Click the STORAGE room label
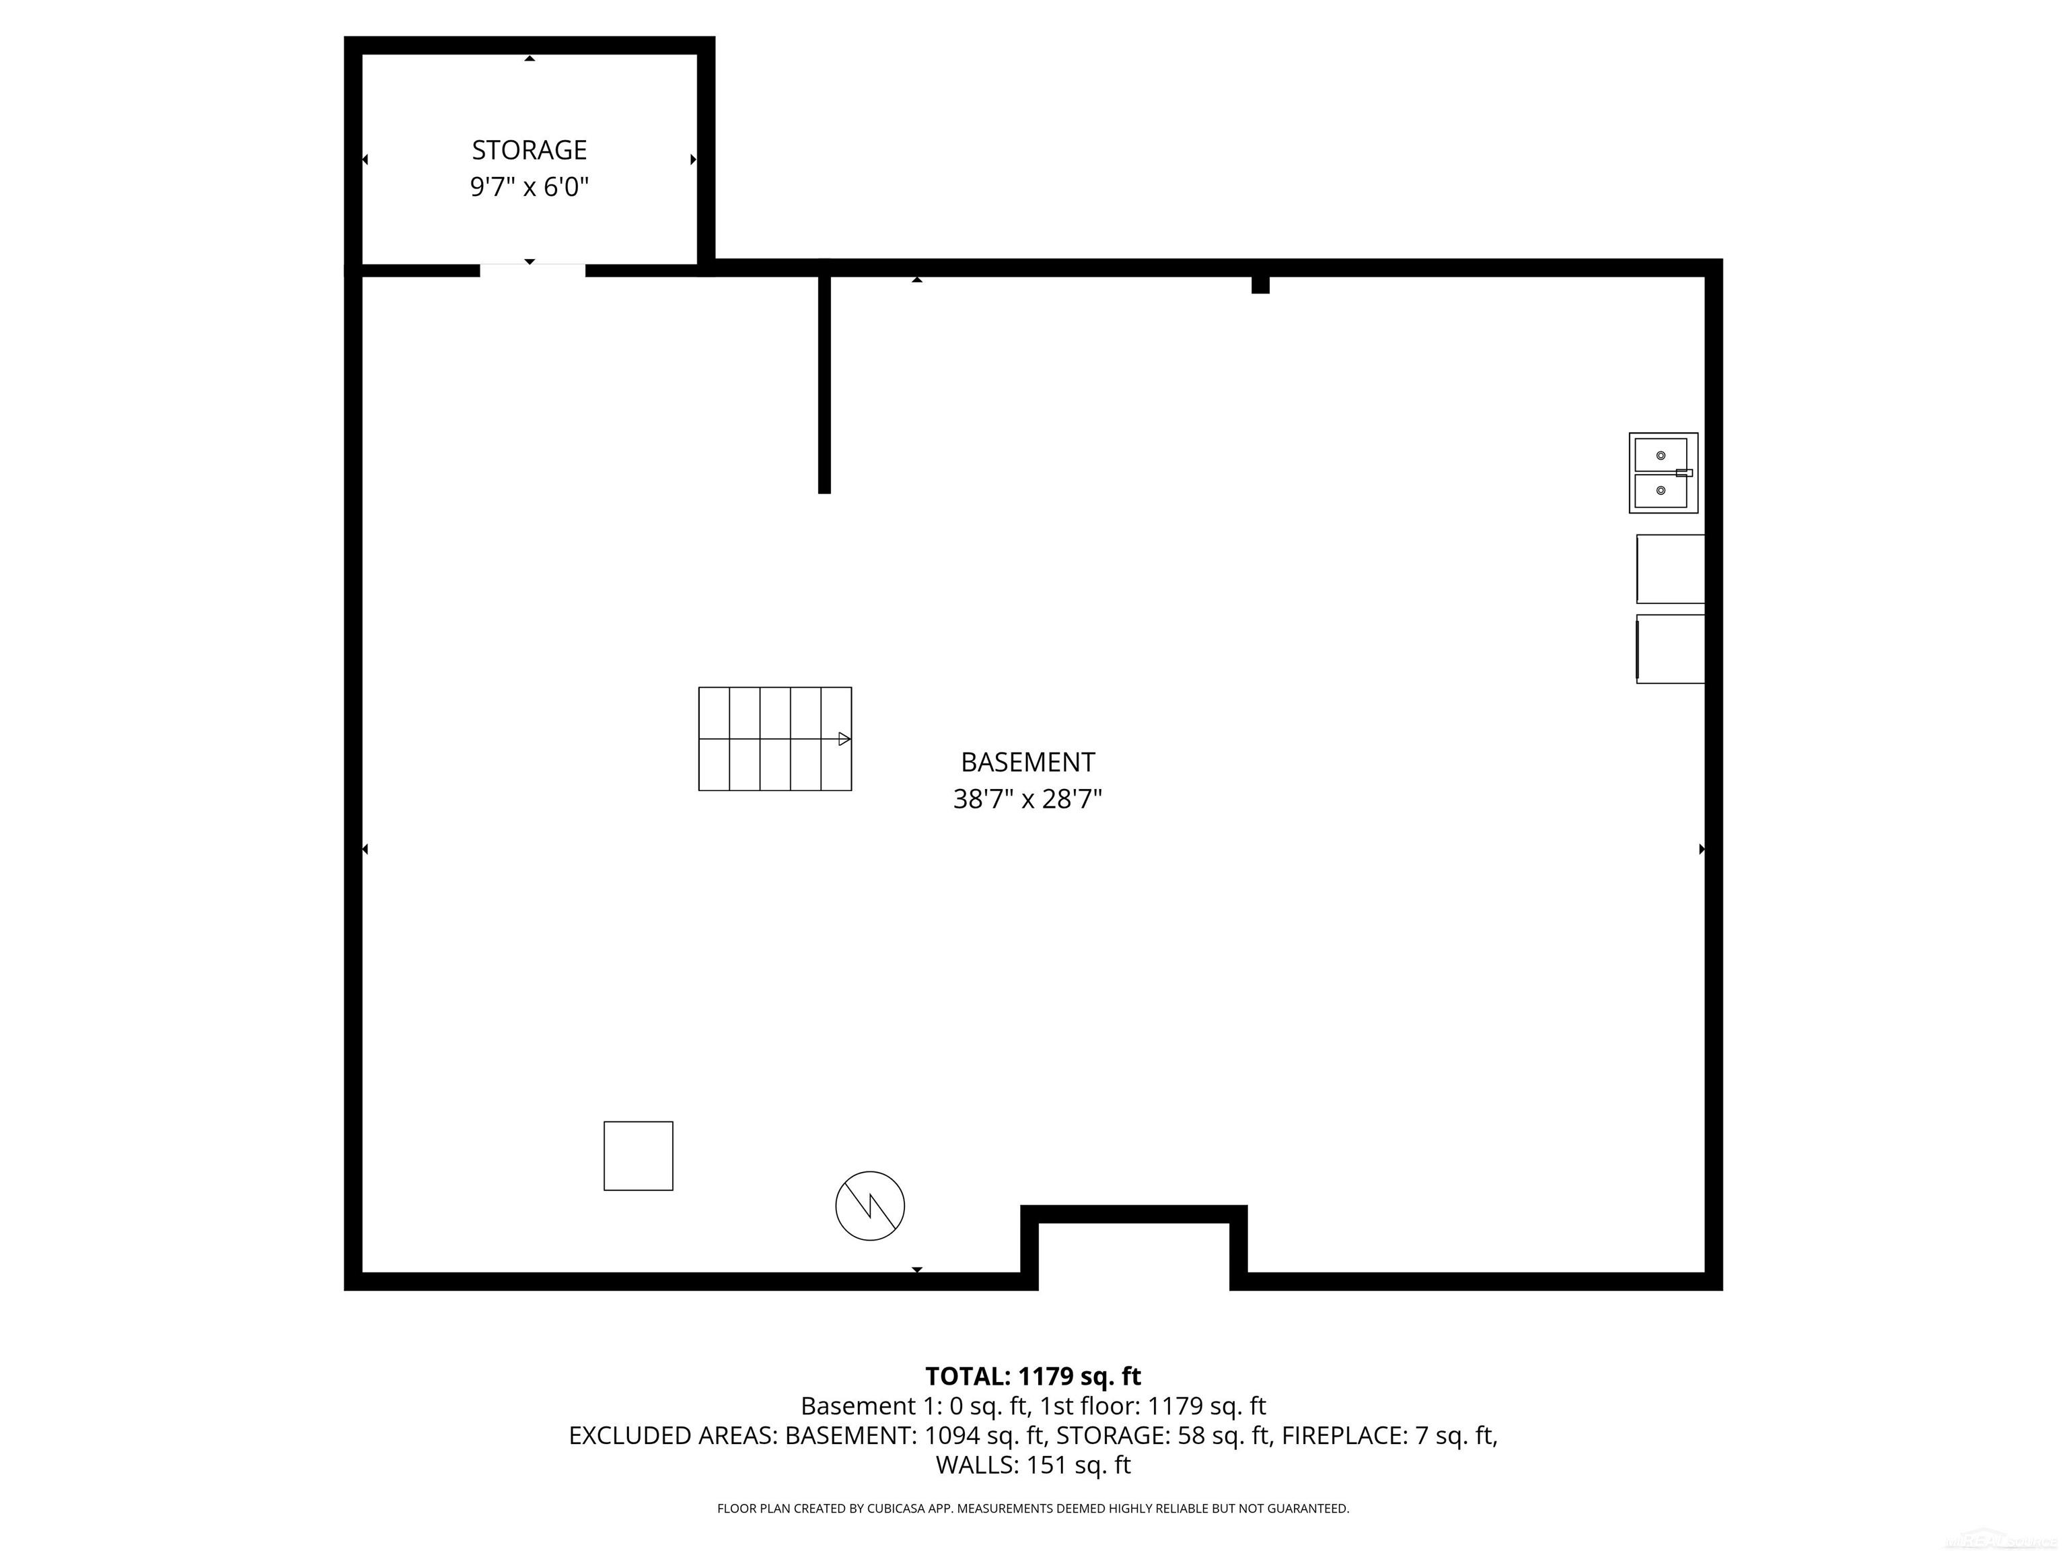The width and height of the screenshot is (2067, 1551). [x=529, y=149]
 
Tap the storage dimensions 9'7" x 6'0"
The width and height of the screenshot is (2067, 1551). [x=529, y=187]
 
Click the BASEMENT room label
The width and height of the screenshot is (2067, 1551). [x=1028, y=762]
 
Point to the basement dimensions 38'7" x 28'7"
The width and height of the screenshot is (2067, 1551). [x=1028, y=799]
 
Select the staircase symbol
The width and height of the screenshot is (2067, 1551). [x=774, y=738]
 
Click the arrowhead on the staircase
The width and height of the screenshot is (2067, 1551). [x=844, y=738]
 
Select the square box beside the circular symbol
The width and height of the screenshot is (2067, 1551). [x=639, y=1156]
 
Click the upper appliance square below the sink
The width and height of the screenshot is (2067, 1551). [x=1671, y=568]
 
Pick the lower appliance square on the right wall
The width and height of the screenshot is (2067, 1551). [x=1671, y=649]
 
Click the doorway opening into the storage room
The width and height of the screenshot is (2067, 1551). [x=533, y=270]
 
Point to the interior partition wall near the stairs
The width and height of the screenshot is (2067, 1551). [x=824, y=383]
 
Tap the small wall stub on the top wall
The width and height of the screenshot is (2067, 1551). [x=1260, y=284]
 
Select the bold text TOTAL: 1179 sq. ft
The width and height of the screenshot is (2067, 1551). [x=1033, y=1376]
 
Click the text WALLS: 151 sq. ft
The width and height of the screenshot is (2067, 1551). [x=1033, y=1465]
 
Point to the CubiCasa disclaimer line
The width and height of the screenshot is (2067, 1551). [x=1033, y=1508]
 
